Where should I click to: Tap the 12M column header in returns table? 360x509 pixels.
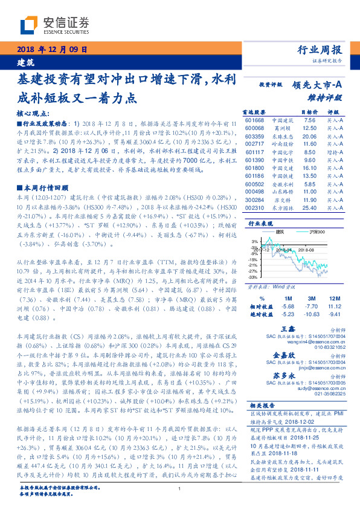[333, 298]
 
